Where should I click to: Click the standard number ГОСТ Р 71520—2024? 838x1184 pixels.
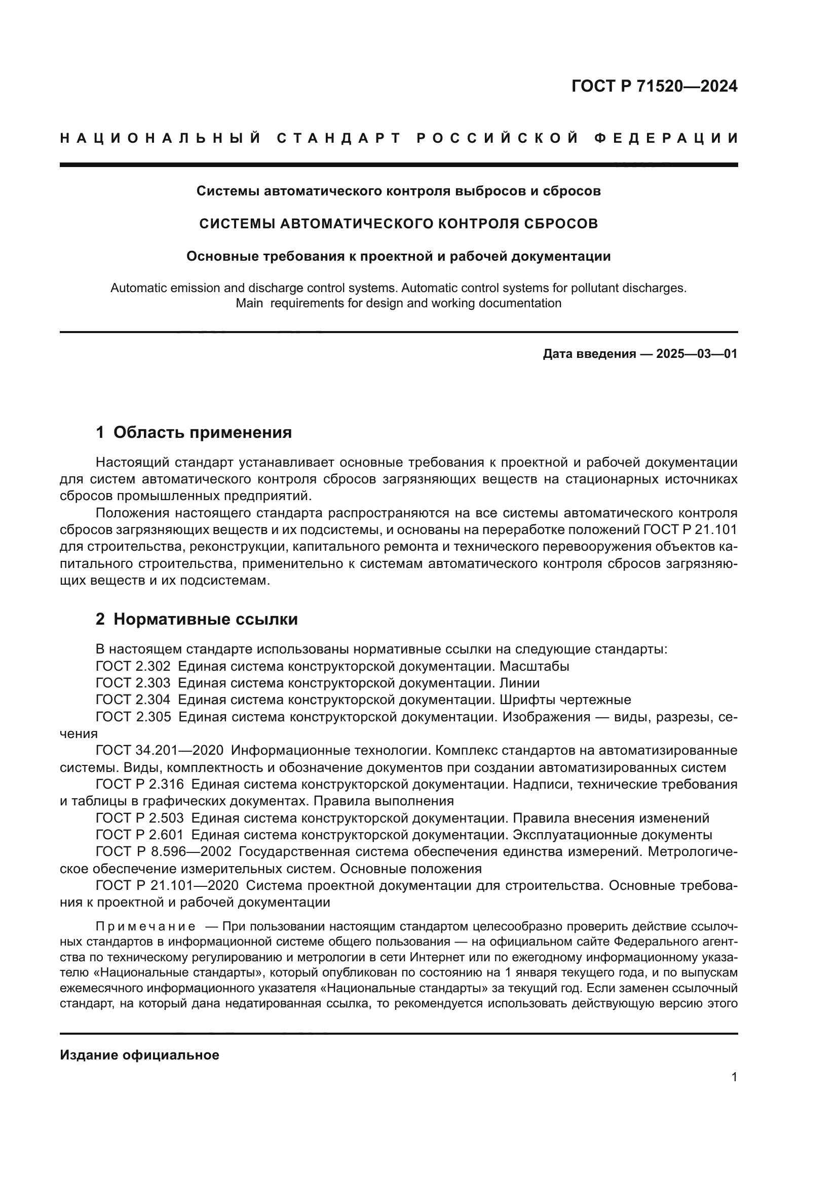pyautogui.click(x=654, y=86)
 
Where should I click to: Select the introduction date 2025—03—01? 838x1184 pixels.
pyautogui.click(x=697, y=354)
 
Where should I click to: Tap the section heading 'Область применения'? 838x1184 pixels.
pyautogui.click(x=202, y=432)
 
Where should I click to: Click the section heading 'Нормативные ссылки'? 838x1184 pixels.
pyautogui.click(x=205, y=619)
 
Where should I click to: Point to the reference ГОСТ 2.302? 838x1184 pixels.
pyautogui.click(x=133, y=666)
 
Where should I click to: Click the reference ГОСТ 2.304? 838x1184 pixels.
pyautogui.click(x=133, y=700)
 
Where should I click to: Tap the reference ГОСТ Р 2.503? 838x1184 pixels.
pyautogui.click(x=139, y=818)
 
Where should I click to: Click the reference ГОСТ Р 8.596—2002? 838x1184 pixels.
pyautogui.click(x=164, y=852)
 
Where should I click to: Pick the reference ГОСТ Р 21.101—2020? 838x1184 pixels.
pyautogui.click(x=167, y=885)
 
